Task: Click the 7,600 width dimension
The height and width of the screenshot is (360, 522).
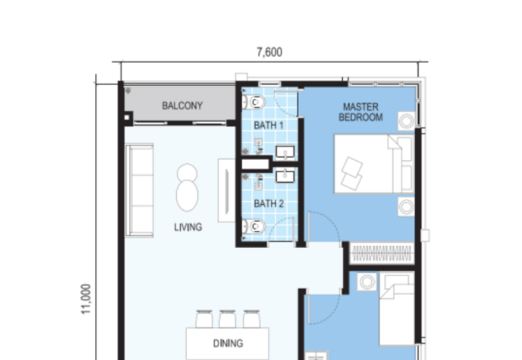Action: [269, 53]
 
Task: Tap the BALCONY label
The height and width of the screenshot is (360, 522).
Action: [182, 105]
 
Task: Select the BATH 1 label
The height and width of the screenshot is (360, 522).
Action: [268, 125]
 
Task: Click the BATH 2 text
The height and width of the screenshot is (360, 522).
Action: [268, 203]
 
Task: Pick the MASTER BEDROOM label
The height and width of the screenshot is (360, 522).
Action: [360, 112]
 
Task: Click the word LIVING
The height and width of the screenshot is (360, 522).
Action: [188, 228]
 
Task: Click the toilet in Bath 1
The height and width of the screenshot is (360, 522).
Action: [254, 102]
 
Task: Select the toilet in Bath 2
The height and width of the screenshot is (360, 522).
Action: [254, 227]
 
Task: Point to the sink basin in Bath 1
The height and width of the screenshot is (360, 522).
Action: [285, 153]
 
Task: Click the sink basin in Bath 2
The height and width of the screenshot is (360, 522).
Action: [285, 175]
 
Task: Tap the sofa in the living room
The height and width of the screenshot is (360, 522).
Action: [140, 190]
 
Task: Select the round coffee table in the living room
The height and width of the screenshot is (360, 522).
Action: [187, 187]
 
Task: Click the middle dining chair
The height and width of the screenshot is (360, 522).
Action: [226, 319]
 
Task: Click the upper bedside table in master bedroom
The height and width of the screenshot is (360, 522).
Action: [407, 120]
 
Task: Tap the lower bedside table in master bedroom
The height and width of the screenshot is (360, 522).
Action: [407, 207]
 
